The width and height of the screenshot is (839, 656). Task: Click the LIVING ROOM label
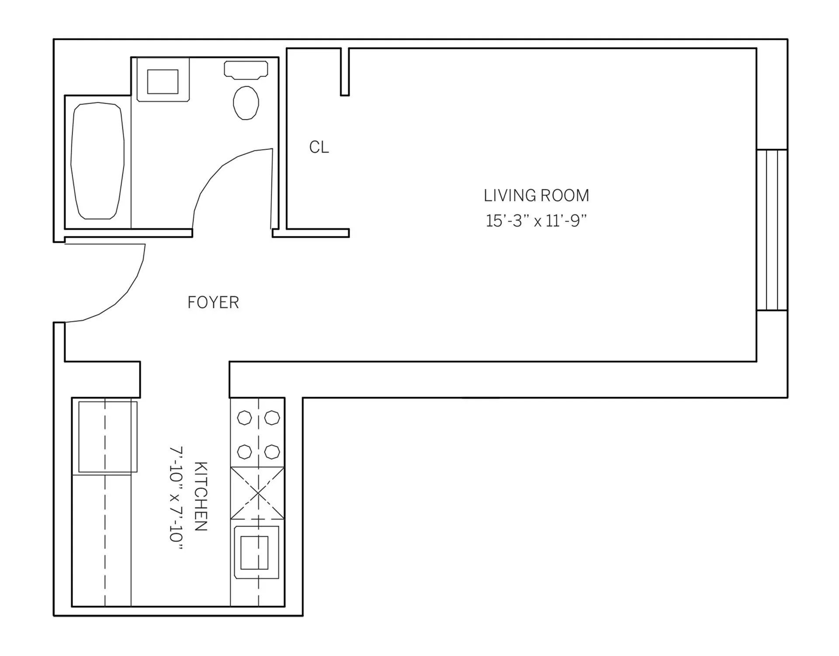pos(536,195)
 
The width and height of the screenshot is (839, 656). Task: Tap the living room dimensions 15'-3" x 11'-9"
pos(536,221)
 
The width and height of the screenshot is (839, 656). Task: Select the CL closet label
pos(319,147)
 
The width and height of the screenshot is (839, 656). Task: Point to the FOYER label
pos(213,303)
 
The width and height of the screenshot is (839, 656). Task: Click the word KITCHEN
pos(200,496)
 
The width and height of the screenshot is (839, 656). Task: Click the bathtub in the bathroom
pos(97,161)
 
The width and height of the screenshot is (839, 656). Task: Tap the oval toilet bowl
pos(246,103)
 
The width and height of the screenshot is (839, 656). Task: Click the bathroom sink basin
pos(163,81)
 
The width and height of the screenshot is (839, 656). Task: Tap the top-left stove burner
pos(244,418)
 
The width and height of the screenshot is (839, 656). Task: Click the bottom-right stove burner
pos(272,451)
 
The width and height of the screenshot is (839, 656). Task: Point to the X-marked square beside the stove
pos(258,493)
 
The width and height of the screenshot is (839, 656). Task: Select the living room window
pos(772,230)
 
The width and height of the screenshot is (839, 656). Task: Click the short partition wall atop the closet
pos(345,72)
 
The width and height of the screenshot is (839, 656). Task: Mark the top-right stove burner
pos(272,418)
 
